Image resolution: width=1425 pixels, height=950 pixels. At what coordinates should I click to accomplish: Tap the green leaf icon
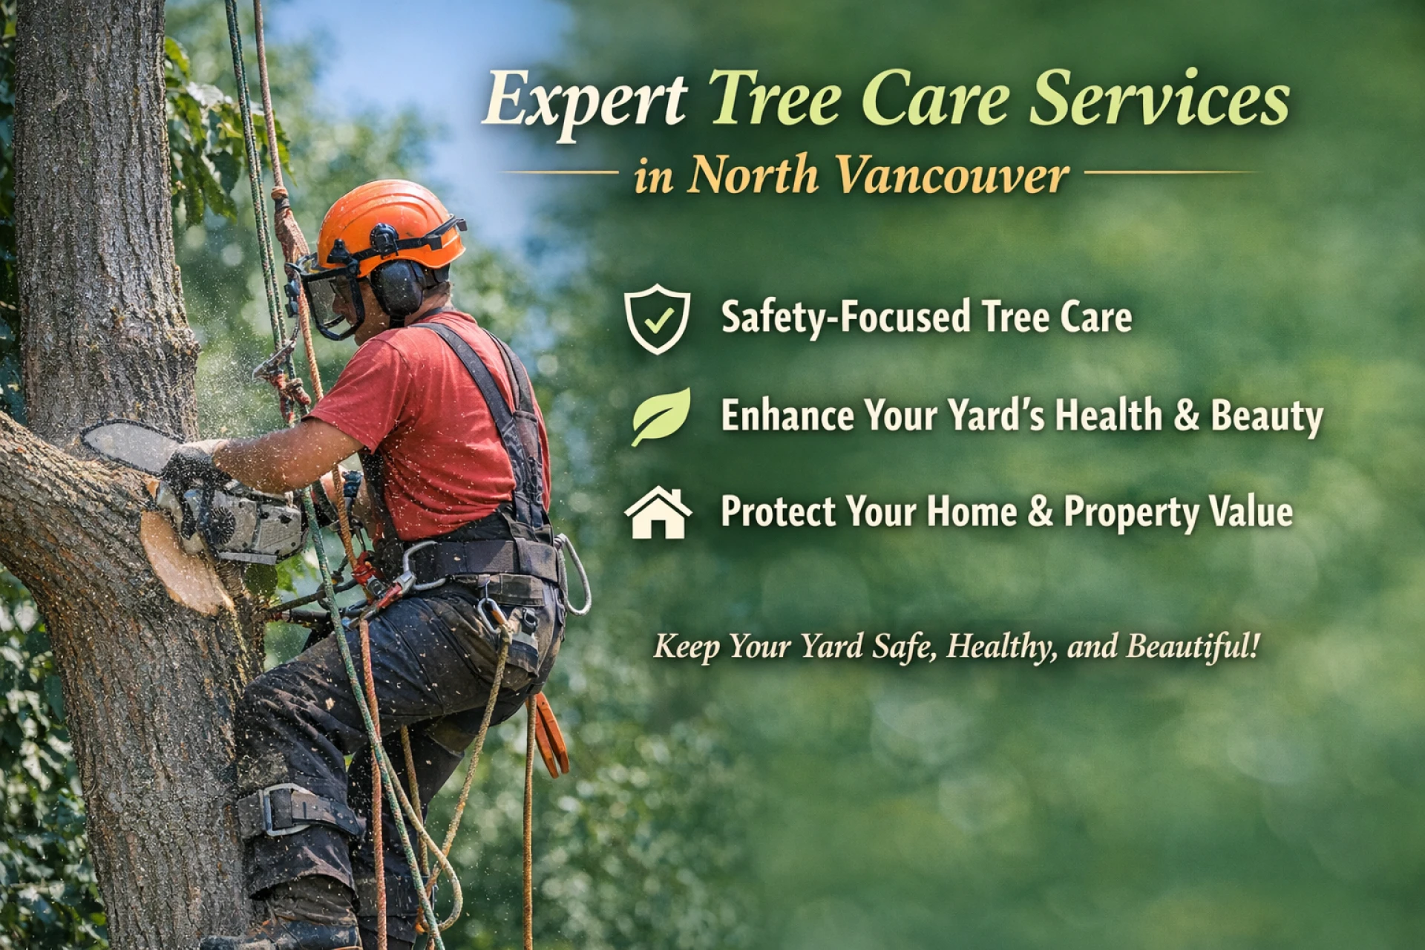660,416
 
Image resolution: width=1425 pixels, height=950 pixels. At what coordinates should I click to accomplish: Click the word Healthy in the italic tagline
1002,646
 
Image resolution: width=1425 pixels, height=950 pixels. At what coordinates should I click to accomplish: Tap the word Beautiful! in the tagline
1192,645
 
